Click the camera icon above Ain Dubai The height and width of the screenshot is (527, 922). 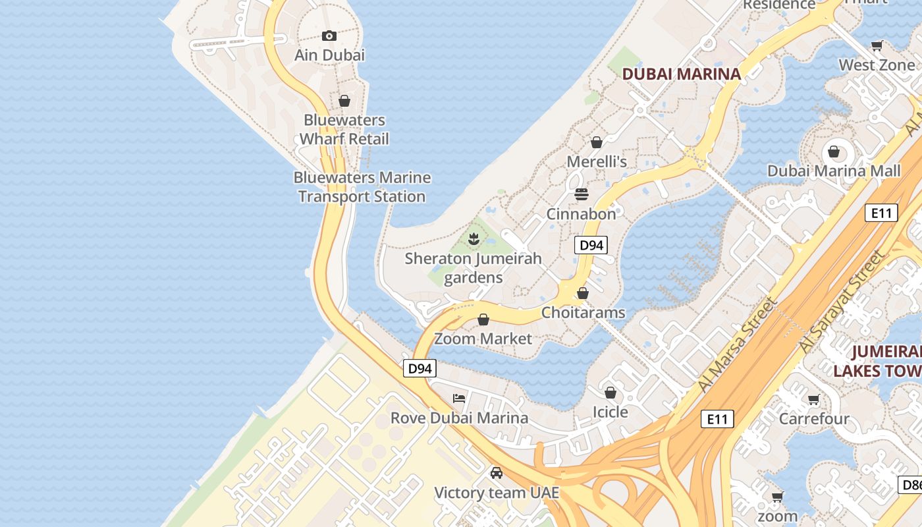click(x=329, y=36)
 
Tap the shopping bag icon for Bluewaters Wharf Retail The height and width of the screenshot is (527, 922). click(x=344, y=101)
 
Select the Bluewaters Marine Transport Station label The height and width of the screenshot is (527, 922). click(x=362, y=187)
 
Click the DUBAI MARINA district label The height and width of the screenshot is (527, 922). click(x=682, y=74)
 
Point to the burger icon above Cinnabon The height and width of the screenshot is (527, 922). click(x=581, y=194)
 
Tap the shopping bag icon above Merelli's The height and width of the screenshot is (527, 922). click(x=597, y=142)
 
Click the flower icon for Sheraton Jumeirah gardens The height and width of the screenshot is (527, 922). click(x=473, y=239)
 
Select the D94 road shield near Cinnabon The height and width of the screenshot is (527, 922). click(x=590, y=246)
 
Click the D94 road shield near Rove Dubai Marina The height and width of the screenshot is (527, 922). click(x=420, y=369)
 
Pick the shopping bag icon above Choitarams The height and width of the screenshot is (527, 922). click(x=582, y=293)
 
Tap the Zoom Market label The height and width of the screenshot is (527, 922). click(x=483, y=339)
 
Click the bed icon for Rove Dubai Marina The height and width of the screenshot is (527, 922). click(x=459, y=399)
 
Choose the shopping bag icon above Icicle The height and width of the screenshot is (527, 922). click(x=610, y=393)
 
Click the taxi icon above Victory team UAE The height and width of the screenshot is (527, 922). click(x=497, y=473)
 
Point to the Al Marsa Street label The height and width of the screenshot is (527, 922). click(x=738, y=345)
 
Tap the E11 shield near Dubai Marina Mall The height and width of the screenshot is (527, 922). click(x=881, y=213)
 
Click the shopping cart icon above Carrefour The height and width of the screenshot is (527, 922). click(x=814, y=399)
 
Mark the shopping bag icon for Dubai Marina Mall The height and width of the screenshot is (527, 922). click(x=834, y=152)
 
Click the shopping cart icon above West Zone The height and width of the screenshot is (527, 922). click(x=877, y=46)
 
